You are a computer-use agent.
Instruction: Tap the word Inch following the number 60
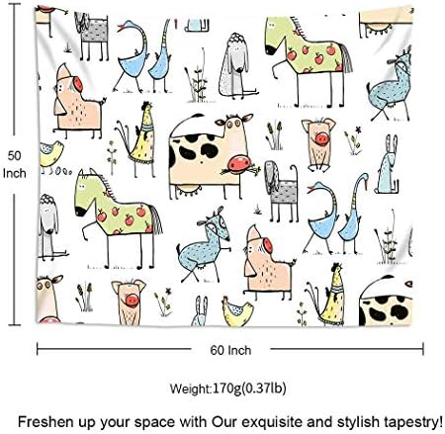239,349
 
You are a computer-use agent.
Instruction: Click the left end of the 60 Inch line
38,348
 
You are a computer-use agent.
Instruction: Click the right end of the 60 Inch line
424,348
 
